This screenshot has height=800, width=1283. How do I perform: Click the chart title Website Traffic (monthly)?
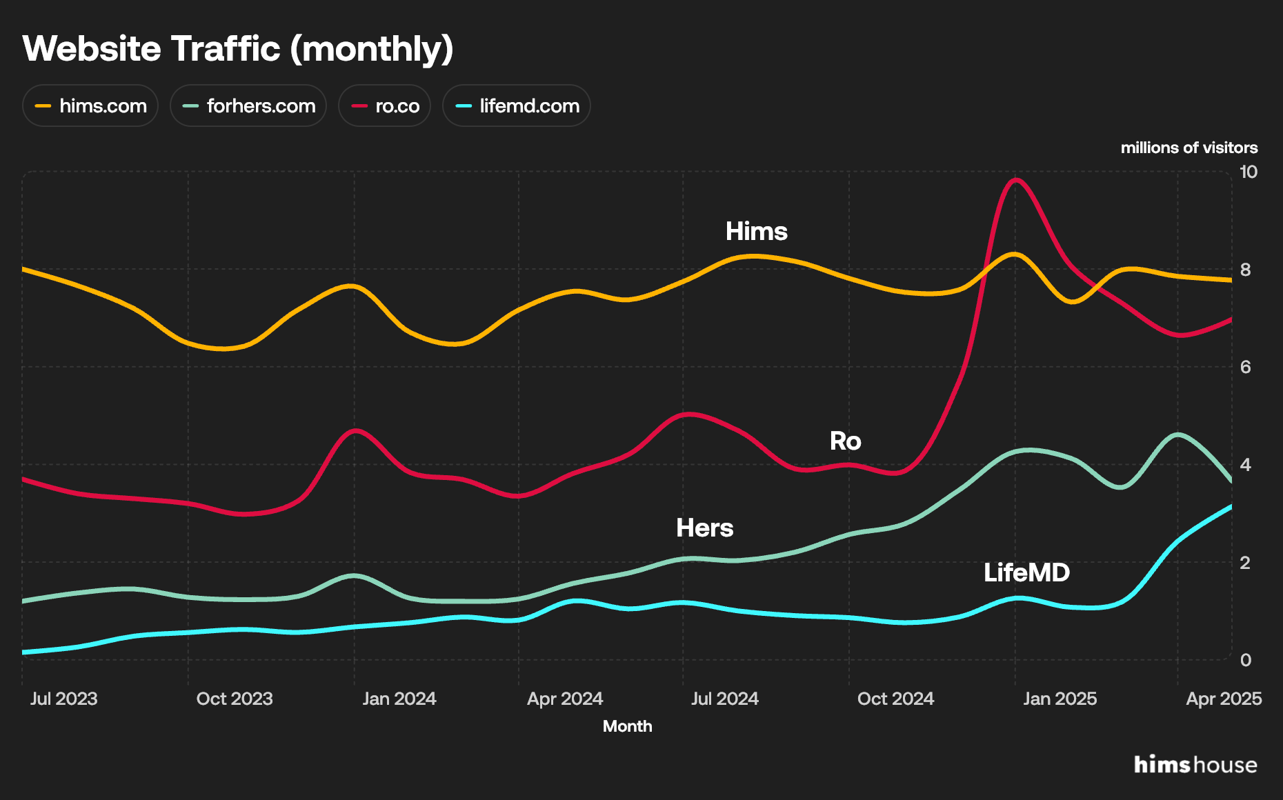pyautogui.click(x=238, y=49)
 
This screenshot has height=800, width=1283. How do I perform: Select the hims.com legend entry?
pyautogui.click(x=90, y=106)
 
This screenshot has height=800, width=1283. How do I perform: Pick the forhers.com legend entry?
pyautogui.click(x=248, y=106)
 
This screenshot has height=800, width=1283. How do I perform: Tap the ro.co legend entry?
pyautogui.click(x=385, y=106)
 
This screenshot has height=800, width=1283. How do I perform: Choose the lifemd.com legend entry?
pyautogui.click(x=517, y=106)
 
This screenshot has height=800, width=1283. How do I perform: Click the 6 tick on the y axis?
pyautogui.click(x=1245, y=367)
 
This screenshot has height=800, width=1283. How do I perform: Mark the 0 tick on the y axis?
pyautogui.click(x=1245, y=660)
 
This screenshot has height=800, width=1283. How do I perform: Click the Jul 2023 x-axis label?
pyautogui.click(x=63, y=699)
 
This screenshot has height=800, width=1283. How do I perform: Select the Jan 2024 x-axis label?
pyautogui.click(x=399, y=699)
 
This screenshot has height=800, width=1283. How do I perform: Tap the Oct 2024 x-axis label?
pyautogui.click(x=895, y=699)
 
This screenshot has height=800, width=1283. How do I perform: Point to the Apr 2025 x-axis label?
pyautogui.click(x=1223, y=699)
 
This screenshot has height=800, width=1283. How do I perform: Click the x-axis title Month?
pyautogui.click(x=627, y=726)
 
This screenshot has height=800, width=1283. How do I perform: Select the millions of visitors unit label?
pyautogui.click(x=1188, y=148)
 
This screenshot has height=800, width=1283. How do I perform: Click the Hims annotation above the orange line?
pyautogui.click(x=756, y=231)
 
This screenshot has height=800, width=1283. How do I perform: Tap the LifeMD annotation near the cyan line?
pyautogui.click(x=1026, y=572)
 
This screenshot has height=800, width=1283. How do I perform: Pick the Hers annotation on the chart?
pyautogui.click(x=704, y=528)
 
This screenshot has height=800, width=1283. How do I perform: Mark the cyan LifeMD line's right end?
pyautogui.click(x=1231, y=507)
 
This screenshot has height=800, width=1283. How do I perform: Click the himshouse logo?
pyautogui.click(x=1195, y=765)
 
